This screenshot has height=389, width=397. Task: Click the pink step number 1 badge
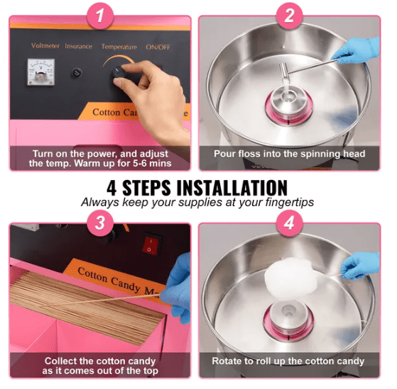point(100,16)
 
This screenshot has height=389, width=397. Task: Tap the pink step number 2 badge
point(289,16)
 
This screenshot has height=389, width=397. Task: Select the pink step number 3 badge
point(100,223)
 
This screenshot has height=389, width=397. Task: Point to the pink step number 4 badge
point(289,223)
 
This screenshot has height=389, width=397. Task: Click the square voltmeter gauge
point(40,72)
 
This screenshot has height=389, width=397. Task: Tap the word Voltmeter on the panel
point(45,46)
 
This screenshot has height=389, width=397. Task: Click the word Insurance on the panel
point(79,46)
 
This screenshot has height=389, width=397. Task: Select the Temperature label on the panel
point(119,47)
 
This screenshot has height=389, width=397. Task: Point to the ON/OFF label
point(158,47)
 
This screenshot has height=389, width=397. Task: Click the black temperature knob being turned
point(119,73)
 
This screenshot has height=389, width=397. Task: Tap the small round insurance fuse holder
point(76,73)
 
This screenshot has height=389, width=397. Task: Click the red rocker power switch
point(151,244)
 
